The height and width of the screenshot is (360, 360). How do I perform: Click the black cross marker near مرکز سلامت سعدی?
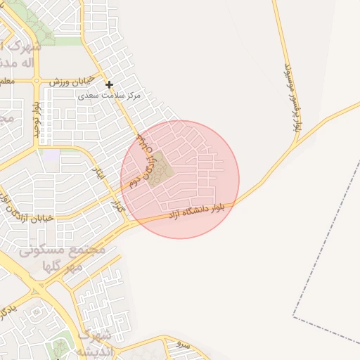109,84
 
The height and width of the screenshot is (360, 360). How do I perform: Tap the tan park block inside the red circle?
160,168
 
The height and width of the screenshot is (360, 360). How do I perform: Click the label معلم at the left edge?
6,82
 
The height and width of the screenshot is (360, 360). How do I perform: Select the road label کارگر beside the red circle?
119,205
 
